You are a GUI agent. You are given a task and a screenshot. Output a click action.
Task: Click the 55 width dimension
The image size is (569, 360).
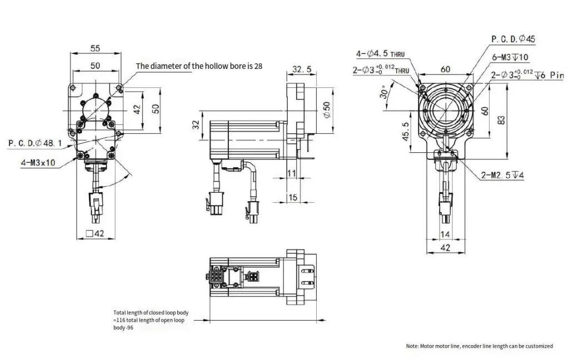point(95,48)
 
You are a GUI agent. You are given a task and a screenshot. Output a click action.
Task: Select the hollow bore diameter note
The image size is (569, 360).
point(199,66)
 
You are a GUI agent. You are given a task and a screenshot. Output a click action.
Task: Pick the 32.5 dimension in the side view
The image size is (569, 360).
point(302,70)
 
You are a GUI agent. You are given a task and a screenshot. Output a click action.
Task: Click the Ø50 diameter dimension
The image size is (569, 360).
point(327,109)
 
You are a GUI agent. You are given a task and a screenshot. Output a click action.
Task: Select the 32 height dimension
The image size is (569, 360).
point(196,124)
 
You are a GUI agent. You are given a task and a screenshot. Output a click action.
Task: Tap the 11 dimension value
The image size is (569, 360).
point(292,174)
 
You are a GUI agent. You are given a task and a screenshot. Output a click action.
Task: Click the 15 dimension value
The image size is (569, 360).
point(292,198)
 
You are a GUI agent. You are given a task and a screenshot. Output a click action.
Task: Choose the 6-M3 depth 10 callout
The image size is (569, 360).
point(510,57)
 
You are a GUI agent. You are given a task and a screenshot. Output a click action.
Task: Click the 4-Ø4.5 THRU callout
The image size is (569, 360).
point(381,54)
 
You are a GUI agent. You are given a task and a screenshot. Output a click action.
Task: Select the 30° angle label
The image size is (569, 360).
point(383,92)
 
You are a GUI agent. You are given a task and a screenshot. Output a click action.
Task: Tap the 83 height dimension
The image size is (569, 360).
point(502,119)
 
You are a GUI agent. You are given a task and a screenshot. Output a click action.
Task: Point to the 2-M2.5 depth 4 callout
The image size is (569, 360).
point(502,176)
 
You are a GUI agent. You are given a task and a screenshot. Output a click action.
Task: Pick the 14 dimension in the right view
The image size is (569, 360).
point(444,235)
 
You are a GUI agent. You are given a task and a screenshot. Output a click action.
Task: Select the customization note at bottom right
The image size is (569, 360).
point(479,346)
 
